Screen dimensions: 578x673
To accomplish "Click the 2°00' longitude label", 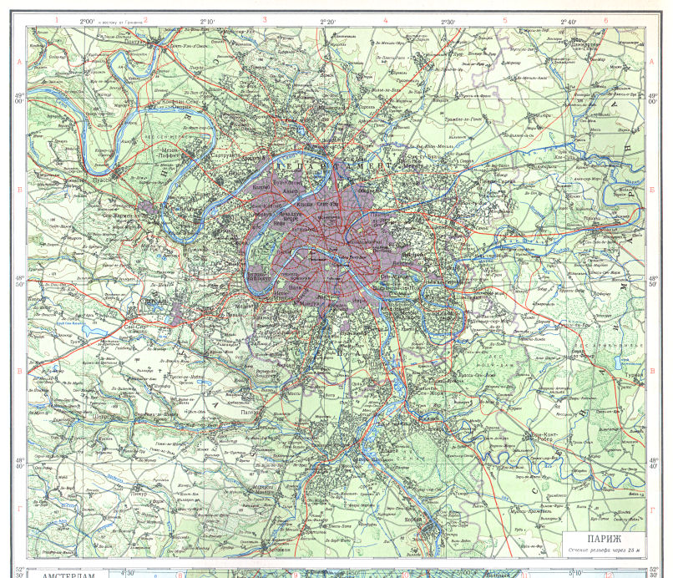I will [x=86, y=18].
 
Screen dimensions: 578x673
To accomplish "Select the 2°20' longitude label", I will [x=326, y=18].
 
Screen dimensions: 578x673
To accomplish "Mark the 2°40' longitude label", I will [x=568, y=18].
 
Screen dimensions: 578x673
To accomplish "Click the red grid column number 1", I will [x=56, y=19].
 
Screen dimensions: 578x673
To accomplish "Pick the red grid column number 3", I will [x=264, y=19].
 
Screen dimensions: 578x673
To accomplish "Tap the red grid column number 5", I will [x=504, y=19].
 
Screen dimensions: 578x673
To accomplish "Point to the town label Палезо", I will [x=248, y=412].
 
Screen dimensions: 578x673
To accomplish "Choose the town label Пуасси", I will [x=81, y=178].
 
